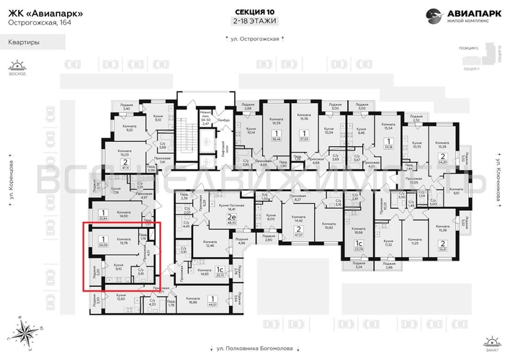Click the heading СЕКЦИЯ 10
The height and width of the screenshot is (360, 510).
pyautogui.click(x=254, y=12)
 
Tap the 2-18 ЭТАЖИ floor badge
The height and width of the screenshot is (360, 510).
pyautogui.click(x=254, y=22)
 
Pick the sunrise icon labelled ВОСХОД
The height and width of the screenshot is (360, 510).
pyautogui.click(x=12, y=66)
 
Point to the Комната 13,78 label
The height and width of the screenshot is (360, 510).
pyautogui.click(x=123, y=242)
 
